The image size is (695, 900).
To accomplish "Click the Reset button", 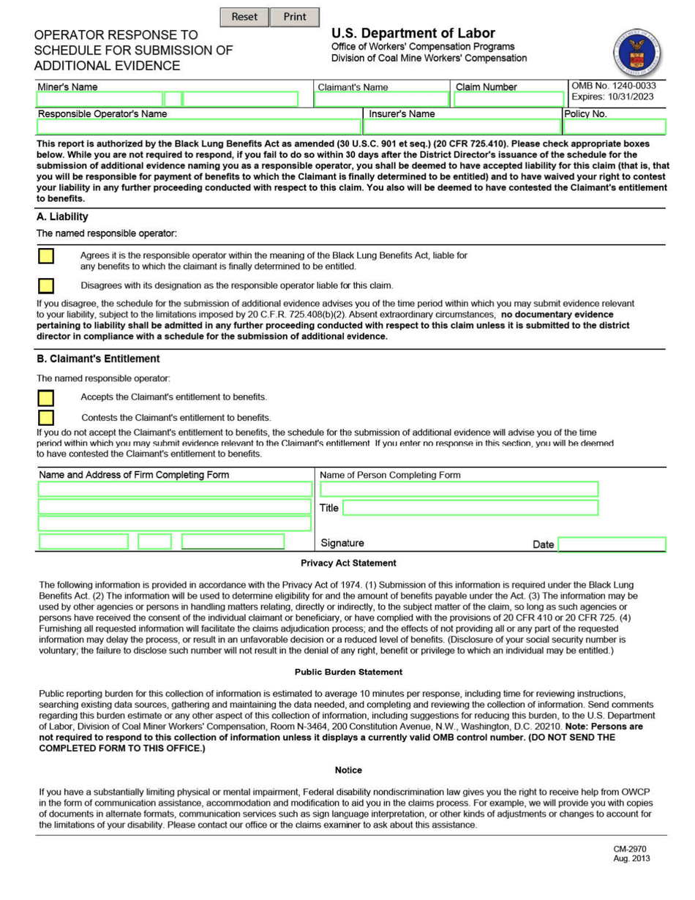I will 244,17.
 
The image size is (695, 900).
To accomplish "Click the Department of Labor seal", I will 636,53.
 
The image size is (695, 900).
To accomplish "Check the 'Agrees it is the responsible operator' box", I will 45,256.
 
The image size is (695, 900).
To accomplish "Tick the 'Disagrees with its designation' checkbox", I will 45,285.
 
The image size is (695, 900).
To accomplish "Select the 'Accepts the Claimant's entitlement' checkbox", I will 45,397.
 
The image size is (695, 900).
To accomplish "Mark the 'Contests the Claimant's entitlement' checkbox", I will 45,418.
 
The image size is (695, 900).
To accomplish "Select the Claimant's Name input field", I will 382,100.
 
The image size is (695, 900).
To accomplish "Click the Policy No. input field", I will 615,127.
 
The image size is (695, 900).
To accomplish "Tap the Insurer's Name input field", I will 462,127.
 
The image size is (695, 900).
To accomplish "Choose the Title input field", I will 470,508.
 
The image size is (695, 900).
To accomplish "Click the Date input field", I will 612,544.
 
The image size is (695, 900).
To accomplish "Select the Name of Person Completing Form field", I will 459,489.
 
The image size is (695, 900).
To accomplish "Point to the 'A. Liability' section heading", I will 62,217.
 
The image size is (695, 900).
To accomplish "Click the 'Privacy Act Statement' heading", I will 348,563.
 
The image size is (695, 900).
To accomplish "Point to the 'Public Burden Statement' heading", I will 348,672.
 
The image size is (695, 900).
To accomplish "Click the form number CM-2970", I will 630,850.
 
